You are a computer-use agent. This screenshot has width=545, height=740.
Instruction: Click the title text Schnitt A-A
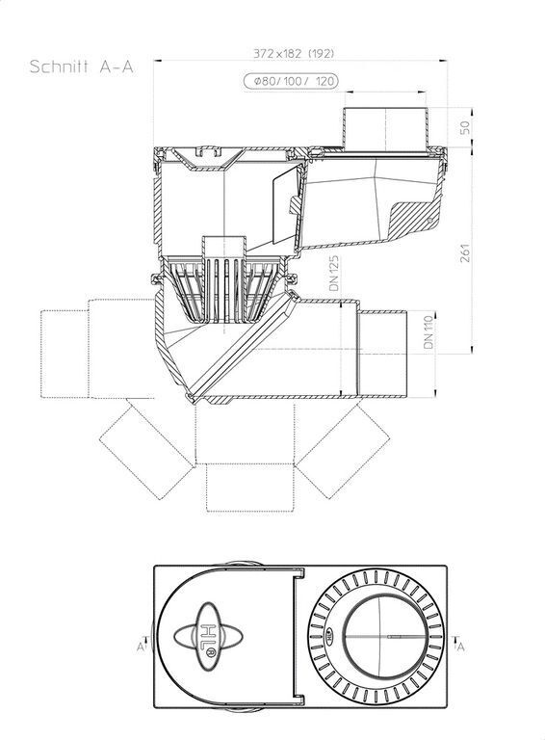point(82,66)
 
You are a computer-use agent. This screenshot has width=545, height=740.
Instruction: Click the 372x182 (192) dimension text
point(294,53)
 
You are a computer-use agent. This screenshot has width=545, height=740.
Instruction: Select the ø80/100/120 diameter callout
point(291,81)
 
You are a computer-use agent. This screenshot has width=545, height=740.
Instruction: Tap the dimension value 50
point(465,127)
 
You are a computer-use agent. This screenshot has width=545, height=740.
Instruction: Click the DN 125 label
point(335,274)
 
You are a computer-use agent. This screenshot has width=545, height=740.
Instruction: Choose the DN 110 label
point(428,332)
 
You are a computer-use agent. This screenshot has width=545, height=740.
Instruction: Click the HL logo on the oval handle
point(209,636)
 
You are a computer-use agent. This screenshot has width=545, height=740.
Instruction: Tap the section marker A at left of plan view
point(141,646)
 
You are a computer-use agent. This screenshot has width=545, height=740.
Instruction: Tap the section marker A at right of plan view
point(460,646)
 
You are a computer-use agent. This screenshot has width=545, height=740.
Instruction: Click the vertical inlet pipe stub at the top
point(386,130)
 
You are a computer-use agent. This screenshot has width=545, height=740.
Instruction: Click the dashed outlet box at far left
point(65,354)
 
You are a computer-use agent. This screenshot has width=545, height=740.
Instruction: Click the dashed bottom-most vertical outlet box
point(250,488)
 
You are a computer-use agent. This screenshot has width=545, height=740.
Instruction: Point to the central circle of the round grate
point(386,636)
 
